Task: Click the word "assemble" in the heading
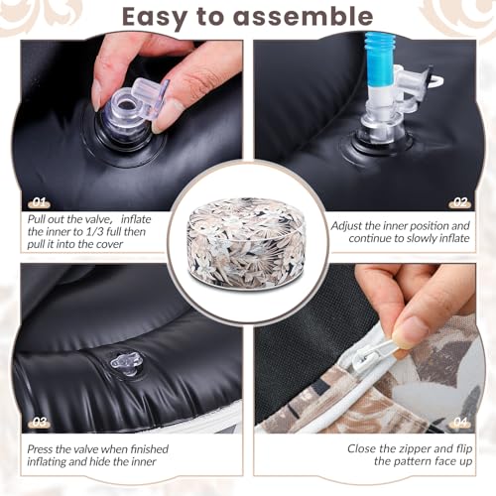click(x=303, y=17)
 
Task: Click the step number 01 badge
click(x=39, y=202)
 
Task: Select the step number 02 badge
click(x=460, y=202)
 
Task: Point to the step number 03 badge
click(x=39, y=422)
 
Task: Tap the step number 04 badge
click(x=460, y=422)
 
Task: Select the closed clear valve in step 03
click(x=126, y=363)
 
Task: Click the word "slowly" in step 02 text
click(x=421, y=238)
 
